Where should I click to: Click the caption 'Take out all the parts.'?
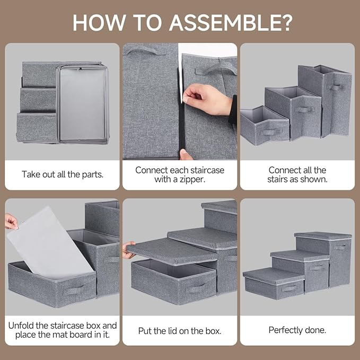coord(62,174)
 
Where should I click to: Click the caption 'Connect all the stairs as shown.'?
coord(297,174)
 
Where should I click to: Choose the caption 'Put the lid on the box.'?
coord(180,330)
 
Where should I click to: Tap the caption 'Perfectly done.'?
coord(297,330)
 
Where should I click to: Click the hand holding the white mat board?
coord(11,221)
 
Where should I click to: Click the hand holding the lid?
coord(129,250)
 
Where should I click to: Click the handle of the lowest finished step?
coord(289,288)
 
